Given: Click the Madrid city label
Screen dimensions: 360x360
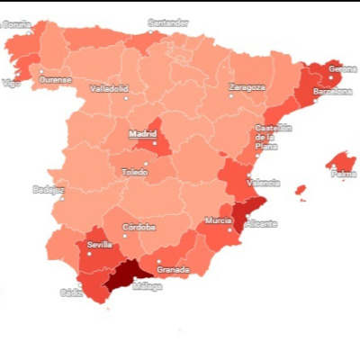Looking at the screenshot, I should pyautogui.click(x=143, y=133).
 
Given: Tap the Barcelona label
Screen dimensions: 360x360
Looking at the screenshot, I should pyautogui.click(x=332, y=92).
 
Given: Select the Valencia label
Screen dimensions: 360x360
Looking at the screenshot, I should pyautogui.click(x=264, y=183).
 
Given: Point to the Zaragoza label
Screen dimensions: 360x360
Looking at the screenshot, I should pyautogui.click(x=247, y=87).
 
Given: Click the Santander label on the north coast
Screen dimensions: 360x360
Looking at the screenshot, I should pyautogui.click(x=169, y=22).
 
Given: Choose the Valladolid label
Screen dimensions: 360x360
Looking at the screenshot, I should pyautogui.click(x=109, y=88).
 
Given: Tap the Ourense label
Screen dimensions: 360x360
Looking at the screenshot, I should pyautogui.click(x=55, y=79).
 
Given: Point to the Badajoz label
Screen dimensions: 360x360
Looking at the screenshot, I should pyautogui.click(x=48, y=189).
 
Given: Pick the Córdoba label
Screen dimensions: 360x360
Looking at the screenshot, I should pyautogui.click(x=139, y=227).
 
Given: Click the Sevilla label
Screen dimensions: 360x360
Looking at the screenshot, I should pyautogui.click(x=99, y=244).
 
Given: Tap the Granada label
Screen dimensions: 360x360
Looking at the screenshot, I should pyautogui.click(x=173, y=269).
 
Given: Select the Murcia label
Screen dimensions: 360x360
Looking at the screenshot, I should pyautogui.click(x=218, y=220).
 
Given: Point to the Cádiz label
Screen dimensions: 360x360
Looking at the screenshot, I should pyautogui.click(x=71, y=292).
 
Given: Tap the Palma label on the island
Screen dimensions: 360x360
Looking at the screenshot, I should pyautogui.click(x=343, y=174).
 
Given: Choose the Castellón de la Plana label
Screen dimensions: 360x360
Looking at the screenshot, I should pyautogui.click(x=273, y=137).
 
